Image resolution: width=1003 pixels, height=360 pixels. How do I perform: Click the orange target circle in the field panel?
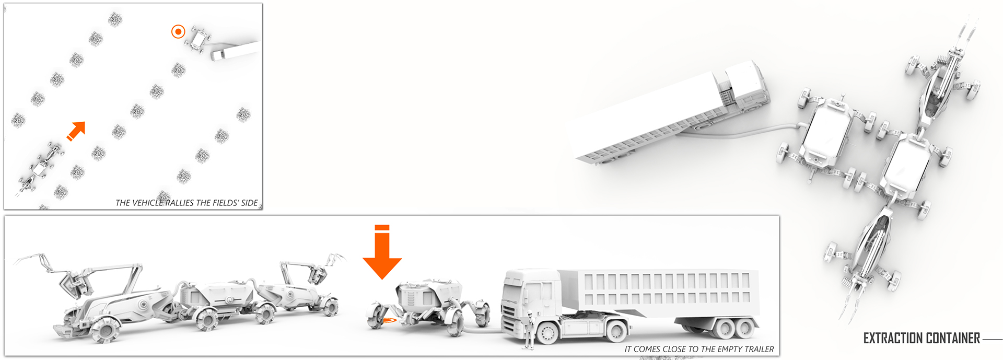pos(178,32)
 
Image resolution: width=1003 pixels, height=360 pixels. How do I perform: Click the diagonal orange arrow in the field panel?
pos(76,131)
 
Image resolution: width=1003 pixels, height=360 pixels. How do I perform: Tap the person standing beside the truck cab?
pos(529,329)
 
